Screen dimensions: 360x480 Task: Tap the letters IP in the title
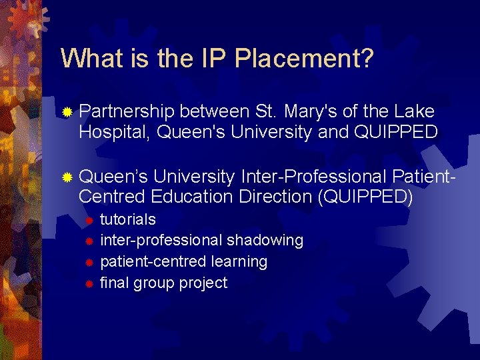click(213, 59)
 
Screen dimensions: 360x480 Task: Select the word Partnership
click(127, 111)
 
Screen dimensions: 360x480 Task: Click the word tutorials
click(128, 219)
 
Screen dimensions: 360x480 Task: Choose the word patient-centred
click(155, 261)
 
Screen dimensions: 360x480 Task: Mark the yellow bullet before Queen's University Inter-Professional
click(67, 177)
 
